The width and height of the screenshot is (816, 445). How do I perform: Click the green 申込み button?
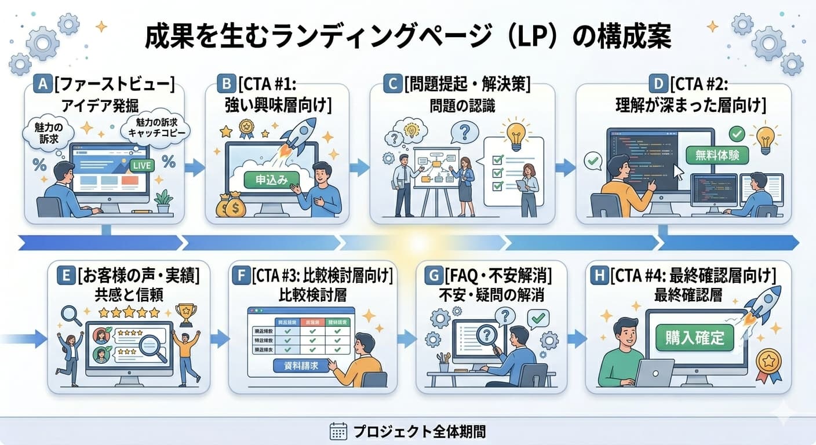point(271,180)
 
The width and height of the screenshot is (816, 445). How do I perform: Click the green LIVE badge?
point(142,166)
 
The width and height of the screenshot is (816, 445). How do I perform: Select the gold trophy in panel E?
point(185,314)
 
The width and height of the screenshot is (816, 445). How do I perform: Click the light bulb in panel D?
point(765,138)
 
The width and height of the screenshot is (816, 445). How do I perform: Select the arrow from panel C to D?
point(565,168)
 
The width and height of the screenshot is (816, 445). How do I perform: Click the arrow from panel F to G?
point(407,338)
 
